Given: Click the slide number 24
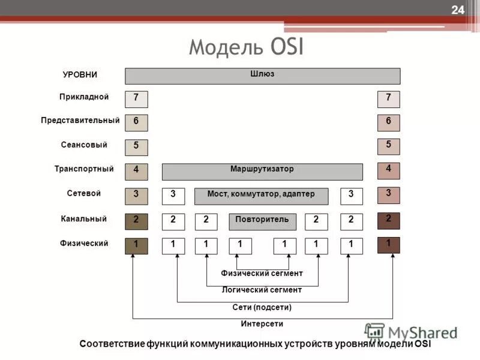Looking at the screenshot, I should point(458,10).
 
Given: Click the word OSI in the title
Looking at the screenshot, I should point(284,47).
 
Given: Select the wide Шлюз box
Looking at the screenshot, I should point(262,76).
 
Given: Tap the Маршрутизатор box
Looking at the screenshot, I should point(262,171).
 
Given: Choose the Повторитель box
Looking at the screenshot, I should point(262,221).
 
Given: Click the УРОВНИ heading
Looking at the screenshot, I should point(80,75).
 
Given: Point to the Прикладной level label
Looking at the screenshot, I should point(84,97).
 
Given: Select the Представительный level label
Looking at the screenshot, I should point(80,121).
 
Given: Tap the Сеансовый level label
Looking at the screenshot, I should point(84,145).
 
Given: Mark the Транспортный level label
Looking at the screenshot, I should point(84,169).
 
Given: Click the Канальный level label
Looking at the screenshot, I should point(84,218).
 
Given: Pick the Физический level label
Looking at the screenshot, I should point(84,243).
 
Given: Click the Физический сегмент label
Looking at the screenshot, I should point(262,273).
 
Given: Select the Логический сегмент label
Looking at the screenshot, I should point(262,290).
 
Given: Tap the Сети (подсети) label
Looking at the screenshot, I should point(262,307).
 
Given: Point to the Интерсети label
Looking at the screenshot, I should point(262,323).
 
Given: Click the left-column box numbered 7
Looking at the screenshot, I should point(136,99).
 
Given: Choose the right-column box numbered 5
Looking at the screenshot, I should point(388,146).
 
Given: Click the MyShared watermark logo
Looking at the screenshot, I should point(411,332).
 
